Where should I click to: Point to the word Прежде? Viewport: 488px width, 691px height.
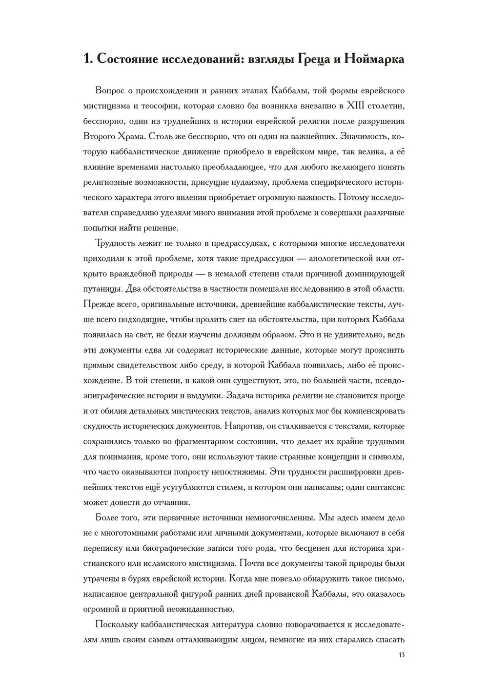99,304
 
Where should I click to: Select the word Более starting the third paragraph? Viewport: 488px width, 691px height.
108,518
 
